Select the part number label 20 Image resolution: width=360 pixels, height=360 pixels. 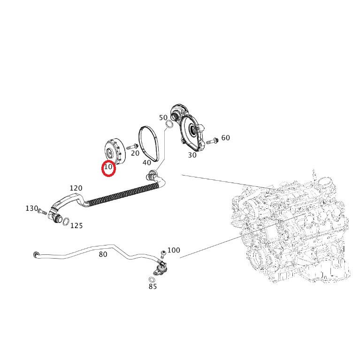[135, 153]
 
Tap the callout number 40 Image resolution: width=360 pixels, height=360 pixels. [147, 162]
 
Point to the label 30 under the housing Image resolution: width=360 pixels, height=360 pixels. [192, 155]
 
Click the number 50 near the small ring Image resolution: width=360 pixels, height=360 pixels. [163, 117]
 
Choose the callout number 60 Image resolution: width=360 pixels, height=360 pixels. [225, 138]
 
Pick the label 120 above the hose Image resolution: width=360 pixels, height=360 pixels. [76, 188]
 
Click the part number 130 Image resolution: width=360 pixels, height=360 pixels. [32, 208]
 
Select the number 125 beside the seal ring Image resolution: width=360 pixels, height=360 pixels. [77, 226]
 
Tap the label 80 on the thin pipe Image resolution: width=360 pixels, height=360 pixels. [103, 254]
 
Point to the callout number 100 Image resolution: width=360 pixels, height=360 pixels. [174, 250]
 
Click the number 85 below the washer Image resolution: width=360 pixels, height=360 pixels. [153, 286]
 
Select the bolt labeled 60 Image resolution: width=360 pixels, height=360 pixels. [212, 141]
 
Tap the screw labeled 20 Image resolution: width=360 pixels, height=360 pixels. [132, 146]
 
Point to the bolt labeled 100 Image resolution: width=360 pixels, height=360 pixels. [163, 253]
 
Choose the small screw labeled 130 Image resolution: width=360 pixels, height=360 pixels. [42, 211]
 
